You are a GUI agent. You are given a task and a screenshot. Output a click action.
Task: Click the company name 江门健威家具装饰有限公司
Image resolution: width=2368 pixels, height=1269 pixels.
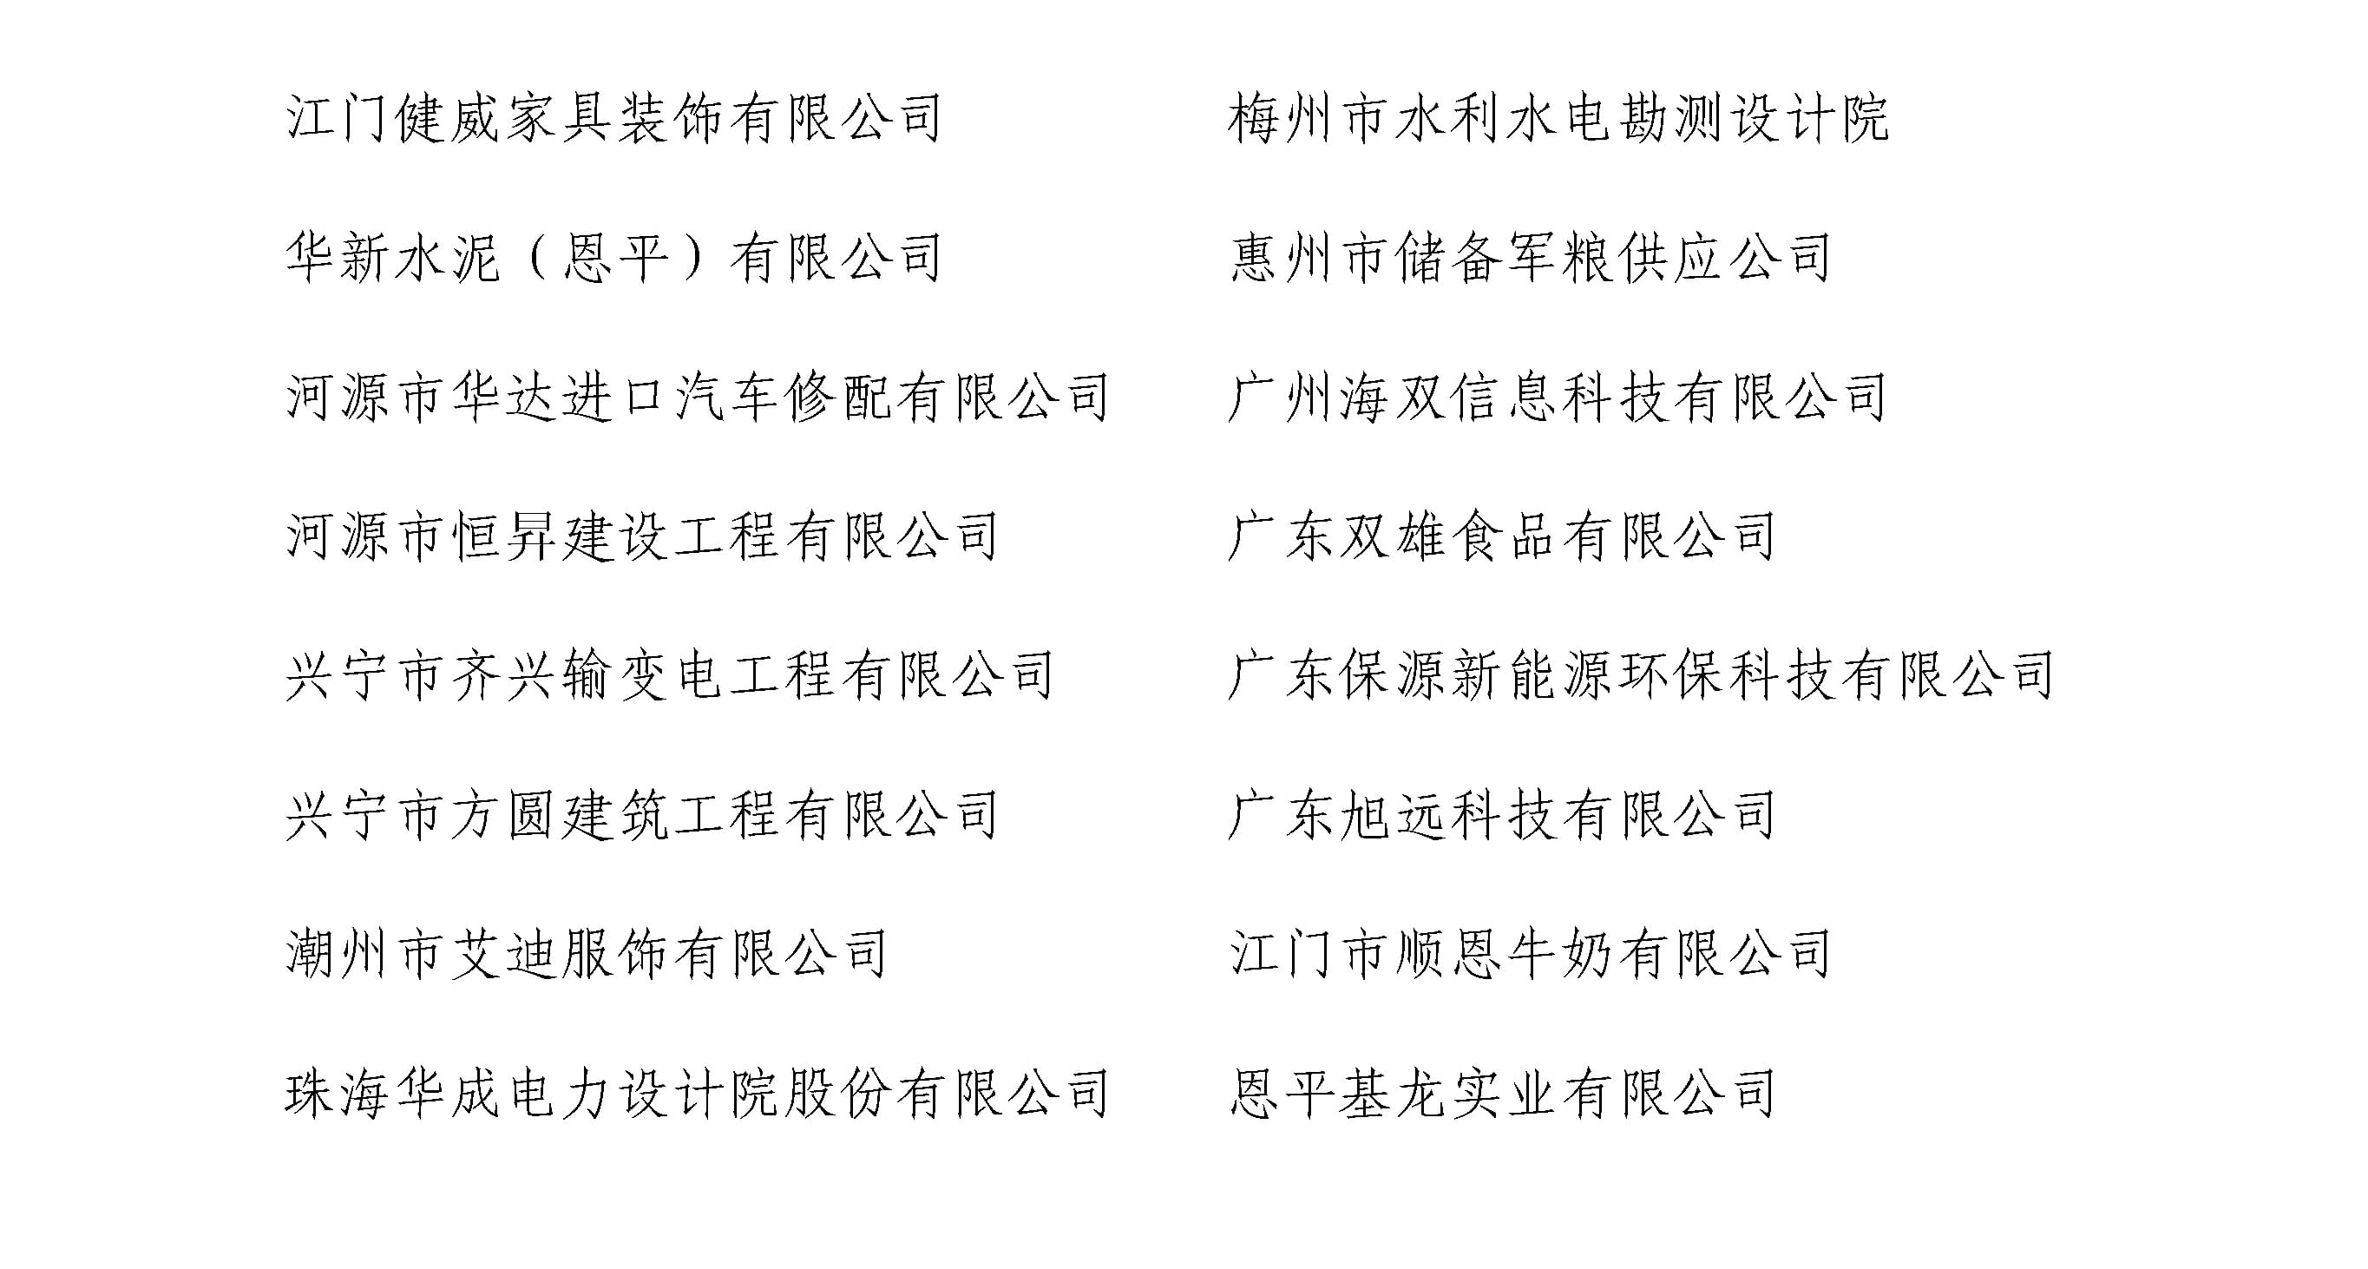614,119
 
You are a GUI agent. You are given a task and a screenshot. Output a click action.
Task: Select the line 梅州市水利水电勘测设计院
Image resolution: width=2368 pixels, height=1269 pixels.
1559,119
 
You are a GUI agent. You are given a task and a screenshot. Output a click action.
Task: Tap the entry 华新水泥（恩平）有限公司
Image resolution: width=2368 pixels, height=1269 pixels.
614,258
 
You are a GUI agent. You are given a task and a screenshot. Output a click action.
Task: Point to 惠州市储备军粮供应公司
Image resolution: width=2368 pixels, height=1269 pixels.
1532,258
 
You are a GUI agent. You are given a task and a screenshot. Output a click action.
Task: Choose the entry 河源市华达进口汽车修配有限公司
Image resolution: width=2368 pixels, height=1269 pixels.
698,398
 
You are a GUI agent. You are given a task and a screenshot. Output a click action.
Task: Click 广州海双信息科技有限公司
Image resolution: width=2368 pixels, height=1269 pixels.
1559,398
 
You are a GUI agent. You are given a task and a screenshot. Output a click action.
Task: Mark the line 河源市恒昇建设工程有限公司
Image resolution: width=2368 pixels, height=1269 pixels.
641,536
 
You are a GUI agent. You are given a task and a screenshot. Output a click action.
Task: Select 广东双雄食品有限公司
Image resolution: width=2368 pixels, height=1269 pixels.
1503,536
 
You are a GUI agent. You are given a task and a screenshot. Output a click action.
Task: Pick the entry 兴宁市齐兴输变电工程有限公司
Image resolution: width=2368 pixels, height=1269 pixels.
670,676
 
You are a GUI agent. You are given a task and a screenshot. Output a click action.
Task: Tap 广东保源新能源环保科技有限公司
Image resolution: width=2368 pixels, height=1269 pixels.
1642,676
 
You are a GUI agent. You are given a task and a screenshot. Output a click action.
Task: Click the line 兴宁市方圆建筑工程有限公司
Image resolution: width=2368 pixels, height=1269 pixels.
641,816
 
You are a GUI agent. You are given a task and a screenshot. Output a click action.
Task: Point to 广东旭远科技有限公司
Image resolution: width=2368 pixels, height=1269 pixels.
1503,816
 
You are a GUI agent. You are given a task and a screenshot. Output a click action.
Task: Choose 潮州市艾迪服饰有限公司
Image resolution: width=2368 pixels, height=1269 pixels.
587,955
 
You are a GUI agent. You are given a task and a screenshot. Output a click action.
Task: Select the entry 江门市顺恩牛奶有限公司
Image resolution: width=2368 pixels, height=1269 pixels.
1532,955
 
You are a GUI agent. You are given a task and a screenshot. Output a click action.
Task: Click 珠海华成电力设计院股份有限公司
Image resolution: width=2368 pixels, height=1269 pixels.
698,1095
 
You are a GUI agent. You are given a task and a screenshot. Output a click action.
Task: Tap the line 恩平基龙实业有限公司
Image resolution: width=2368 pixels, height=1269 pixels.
1503,1095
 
